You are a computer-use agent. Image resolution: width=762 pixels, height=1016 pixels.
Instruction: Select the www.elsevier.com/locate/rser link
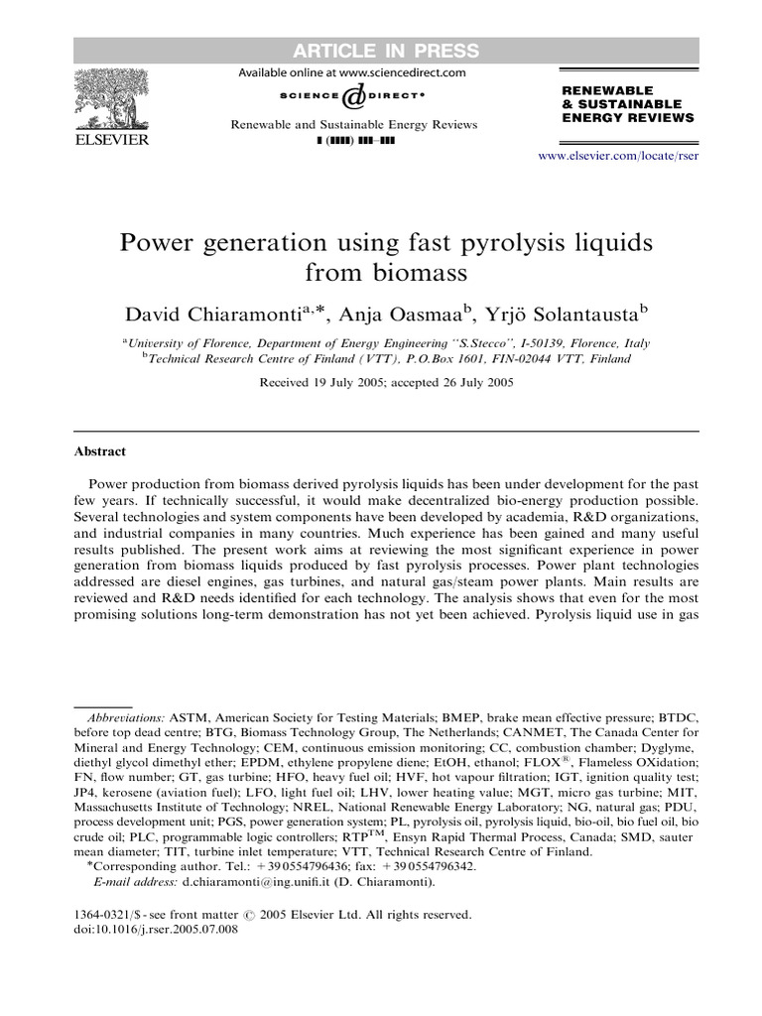pyautogui.click(x=618, y=157)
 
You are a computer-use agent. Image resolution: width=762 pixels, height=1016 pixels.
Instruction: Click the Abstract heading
pyautogui.click(x=100, y=451)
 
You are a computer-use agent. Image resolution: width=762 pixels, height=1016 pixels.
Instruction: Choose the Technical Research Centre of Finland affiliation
pyautogui.click(x=387, y=359)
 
